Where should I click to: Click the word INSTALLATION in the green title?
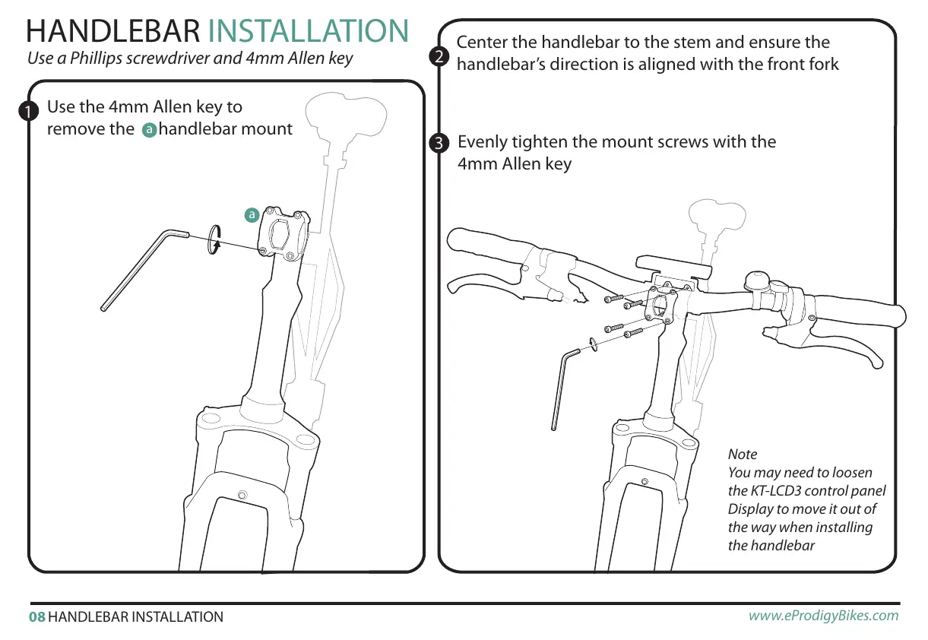[x=308, y=31]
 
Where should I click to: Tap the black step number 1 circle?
[x=30, y=111]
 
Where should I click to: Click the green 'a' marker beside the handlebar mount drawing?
[x=251, y=215]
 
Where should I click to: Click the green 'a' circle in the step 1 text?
[x=149, y=130]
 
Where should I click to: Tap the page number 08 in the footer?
[x=36, y=617]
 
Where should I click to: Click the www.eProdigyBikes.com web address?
[x=823, y=616]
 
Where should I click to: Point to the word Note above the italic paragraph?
[x=743, y=455]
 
